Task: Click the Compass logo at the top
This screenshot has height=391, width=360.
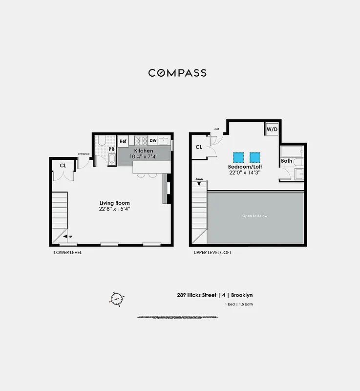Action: pos(177,73)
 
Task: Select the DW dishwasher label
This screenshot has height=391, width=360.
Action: pos(153,141)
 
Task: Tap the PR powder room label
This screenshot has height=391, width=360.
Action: pos(111,149)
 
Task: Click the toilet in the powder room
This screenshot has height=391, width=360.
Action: pos(102,142)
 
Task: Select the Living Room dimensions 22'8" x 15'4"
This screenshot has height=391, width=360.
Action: pos(114,209)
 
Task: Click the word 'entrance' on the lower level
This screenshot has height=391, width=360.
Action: pos(84,154)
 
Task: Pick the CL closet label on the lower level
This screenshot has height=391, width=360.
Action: pos(63,166)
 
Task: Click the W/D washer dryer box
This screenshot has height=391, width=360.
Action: pos(272,130)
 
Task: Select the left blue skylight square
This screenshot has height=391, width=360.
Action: pos(239,157)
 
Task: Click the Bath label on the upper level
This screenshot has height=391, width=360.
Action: pos(286,161)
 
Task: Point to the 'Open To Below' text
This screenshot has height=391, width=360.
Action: pos(255,216)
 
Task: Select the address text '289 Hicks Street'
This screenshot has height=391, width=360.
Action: pos(197,295)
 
